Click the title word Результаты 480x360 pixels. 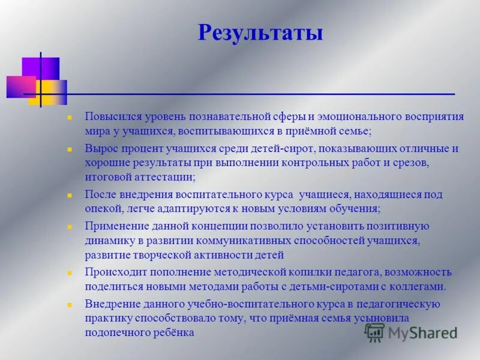[x=260, y=32]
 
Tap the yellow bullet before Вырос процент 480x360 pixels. [x=70, y=149]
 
